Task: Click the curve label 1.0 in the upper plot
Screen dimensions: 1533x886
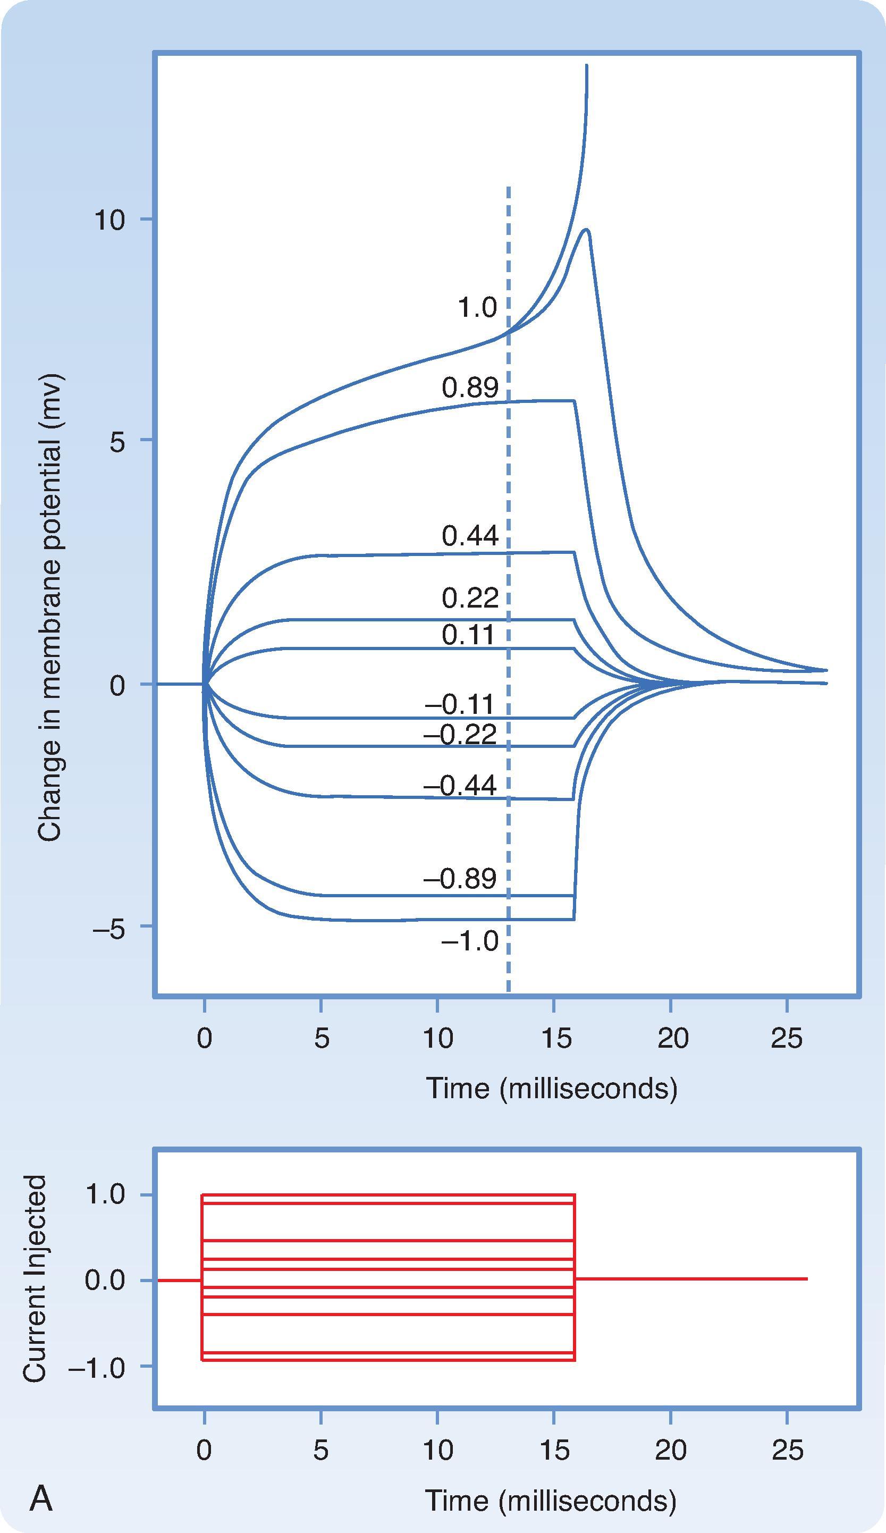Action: pyautogui.click(x=477, y=308)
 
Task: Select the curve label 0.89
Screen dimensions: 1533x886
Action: pyautogui.click(x=470, y=388)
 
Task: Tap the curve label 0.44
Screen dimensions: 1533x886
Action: pyautogui.click(x=470, y=536)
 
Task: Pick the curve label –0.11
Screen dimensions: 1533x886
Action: pyautogui.click(x=460, y=704)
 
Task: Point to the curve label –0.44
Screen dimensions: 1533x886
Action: pyautogui.click(x=460, y=786)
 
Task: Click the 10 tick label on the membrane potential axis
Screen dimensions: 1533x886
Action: pyautogui.click(x=109, y=220)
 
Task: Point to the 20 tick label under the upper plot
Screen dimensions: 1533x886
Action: pyautogui.click(x=672, y=1038)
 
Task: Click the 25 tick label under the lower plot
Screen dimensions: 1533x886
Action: pyautogui.click(x=788, y=1446)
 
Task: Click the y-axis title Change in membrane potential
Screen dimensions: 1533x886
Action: pyautogui.click(x=50, y=608)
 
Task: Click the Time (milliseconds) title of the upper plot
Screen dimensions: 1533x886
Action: pyautogui.click(x=551, y=1088)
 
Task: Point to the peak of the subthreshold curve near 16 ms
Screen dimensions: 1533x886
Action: pyautogui.click(x=586, y=230)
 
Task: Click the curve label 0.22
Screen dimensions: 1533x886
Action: pyautogui.click(x=470, y=599)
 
